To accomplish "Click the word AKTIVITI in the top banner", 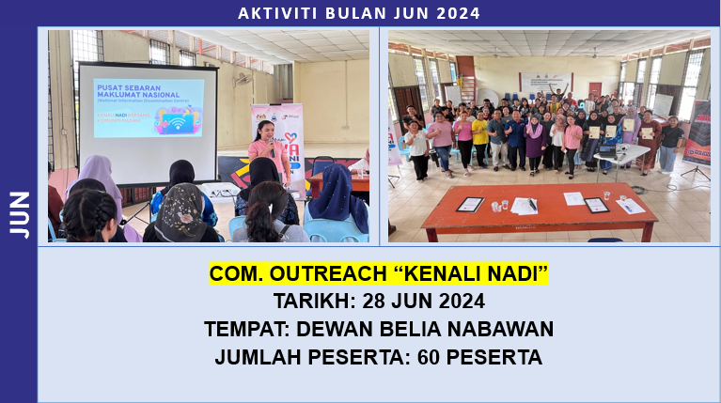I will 273,13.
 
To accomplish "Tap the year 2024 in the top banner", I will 459,13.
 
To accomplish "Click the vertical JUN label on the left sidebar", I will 20,214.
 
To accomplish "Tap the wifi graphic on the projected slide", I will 176,120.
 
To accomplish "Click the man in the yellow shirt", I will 480,137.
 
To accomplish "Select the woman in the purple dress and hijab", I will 535,140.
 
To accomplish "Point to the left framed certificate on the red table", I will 469,204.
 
